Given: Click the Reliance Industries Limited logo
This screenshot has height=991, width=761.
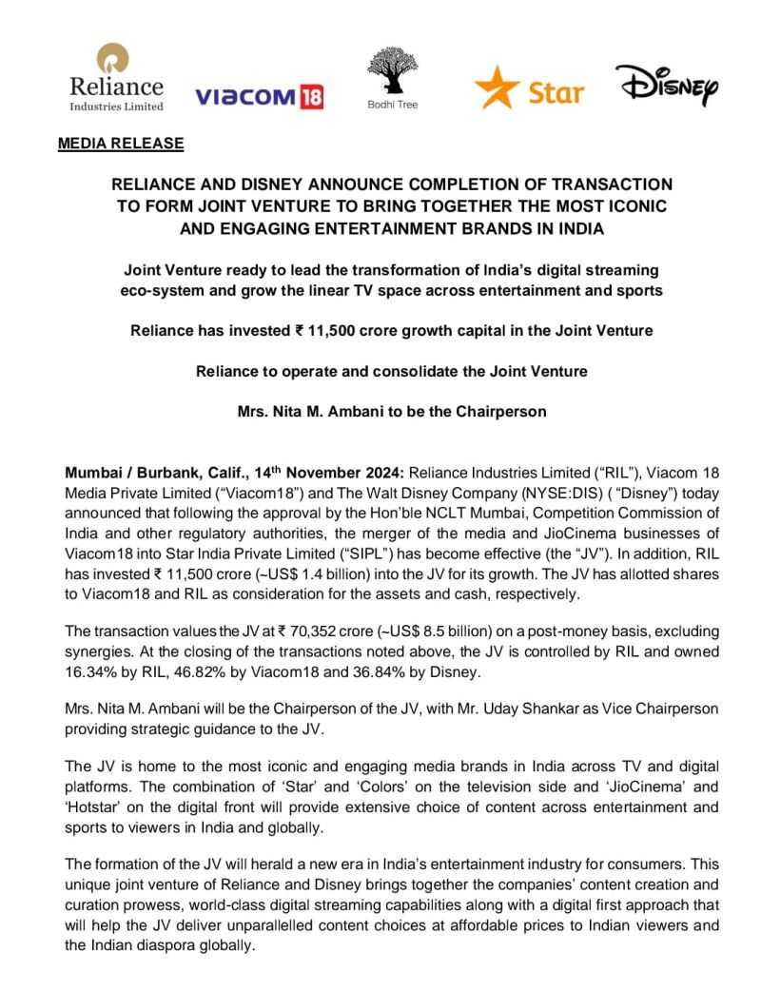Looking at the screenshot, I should point(115,77).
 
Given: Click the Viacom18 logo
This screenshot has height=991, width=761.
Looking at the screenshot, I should point(258,96).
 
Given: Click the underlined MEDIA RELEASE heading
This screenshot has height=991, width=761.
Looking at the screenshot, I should point(121,144).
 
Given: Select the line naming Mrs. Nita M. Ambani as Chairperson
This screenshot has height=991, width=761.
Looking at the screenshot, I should point(380,414).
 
